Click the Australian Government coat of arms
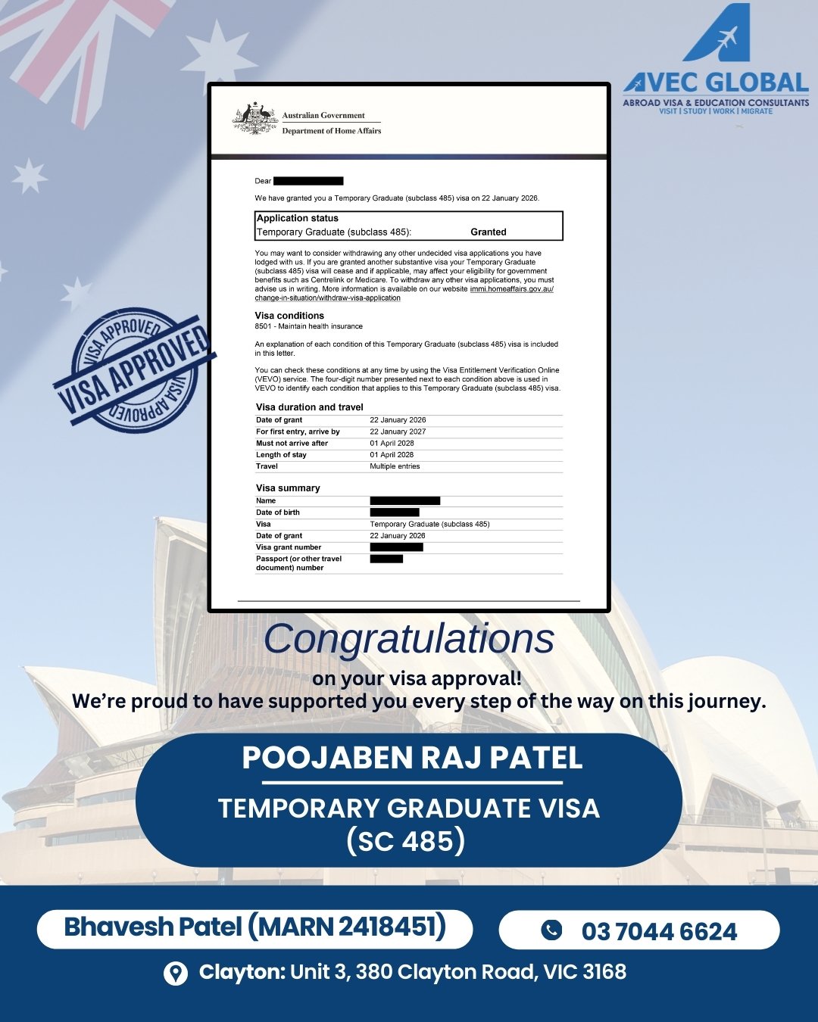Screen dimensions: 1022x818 [254, 119]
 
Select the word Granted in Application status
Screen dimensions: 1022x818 [489, 232]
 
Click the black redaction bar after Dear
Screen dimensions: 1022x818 [308, 181]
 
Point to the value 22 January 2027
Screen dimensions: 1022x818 [398, 432]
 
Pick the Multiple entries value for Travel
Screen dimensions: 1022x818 [395, 466]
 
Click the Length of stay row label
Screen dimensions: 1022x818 [281, 455]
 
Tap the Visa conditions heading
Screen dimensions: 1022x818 [289, 316]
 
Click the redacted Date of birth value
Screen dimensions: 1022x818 [395, 513]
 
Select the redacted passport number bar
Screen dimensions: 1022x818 [386, 559]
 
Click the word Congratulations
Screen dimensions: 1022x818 [409, 639]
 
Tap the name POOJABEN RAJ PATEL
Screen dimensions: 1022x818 [412, 758]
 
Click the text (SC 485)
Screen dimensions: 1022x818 [405, 841]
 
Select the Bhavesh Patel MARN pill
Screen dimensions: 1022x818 [254, 927]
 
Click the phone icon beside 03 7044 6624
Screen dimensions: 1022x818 [551, 930]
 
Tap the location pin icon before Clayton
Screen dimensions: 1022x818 [176, 974]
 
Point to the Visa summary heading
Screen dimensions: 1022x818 [288, 488]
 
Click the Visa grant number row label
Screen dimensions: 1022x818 [289, 547]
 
